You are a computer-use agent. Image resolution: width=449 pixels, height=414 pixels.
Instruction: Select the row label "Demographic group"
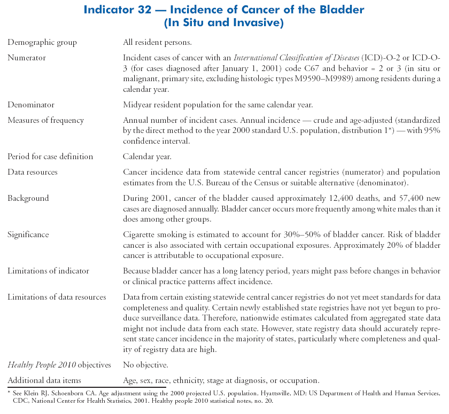42,42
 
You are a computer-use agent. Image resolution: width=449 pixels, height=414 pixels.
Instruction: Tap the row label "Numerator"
26,58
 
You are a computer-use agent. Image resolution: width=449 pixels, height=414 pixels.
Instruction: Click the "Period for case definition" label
50,157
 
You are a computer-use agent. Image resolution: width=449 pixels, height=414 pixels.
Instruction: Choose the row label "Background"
28,198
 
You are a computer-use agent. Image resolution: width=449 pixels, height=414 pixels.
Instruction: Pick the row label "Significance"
28,235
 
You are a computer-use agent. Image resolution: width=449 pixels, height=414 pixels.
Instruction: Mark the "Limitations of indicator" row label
48,271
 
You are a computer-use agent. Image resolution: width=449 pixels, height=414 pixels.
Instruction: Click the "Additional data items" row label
44,380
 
